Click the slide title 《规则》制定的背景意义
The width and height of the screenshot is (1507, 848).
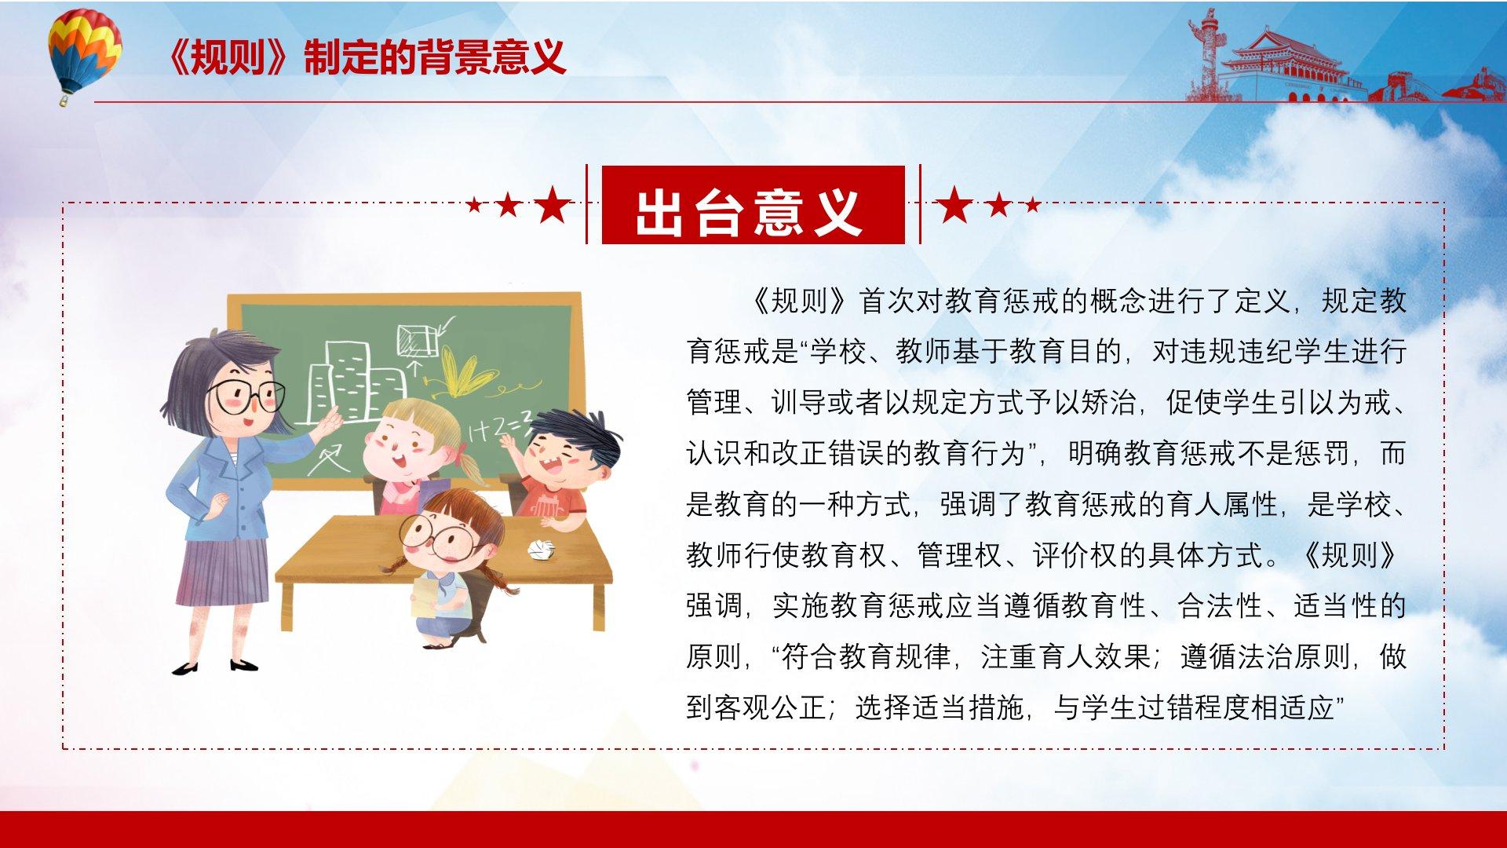pyautogui.click(x=366, y=57)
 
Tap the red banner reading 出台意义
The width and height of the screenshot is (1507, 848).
pyautogui.click(x=753, y=204)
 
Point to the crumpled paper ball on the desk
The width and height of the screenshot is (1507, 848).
pyautogui.click(x=542, y=549)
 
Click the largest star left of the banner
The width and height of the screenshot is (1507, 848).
pyautogui.click(x=553, y=205)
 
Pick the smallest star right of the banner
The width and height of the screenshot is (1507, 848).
pyautogui.click(x=1033, y=206)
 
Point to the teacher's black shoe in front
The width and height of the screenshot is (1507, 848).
pyautogui.click(x=243, y=666)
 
